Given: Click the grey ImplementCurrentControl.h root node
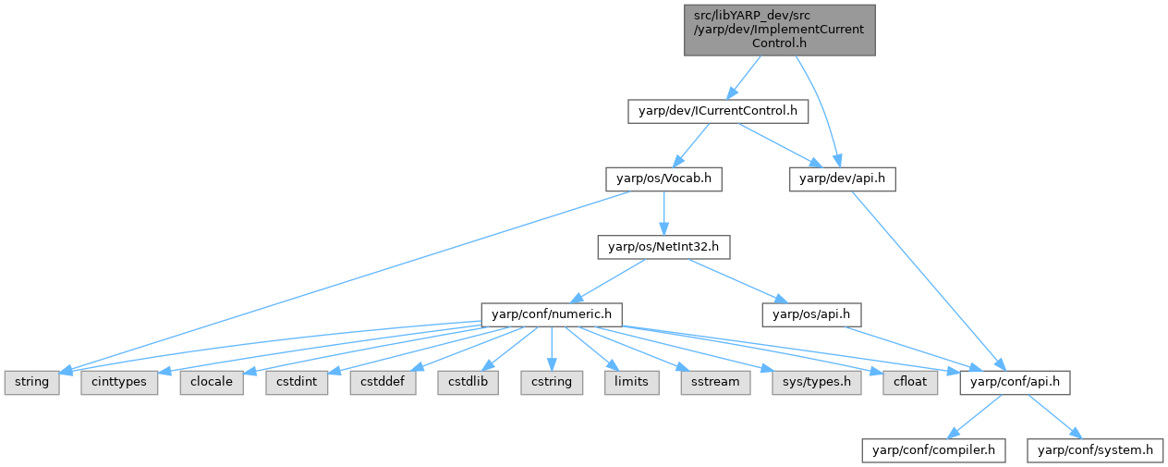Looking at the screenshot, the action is (x=780, y=31).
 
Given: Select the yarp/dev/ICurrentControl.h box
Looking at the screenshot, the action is (x=718, y=112).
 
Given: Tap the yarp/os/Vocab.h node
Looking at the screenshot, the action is (x=663, y=179).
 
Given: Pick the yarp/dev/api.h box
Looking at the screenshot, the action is (x=843, y=179).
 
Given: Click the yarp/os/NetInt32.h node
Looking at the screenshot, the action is (x=663, y=247).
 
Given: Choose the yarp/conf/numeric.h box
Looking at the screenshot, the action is (x=552, y=314).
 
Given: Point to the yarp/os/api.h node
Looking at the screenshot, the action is (x=811, y=314).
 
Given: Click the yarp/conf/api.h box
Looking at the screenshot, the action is (x=1015, y=383).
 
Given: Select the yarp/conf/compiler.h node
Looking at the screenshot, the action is (x=933, y=450).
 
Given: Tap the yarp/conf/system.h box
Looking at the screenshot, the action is (x=1095, y=450).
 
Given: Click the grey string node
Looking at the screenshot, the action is (x=31, y=383).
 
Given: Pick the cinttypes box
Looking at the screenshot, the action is (x=119, y=383).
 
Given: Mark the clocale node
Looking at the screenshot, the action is (x=212, y=383).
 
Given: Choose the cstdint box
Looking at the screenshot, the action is (x=297, y=383).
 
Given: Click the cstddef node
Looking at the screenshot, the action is (x=383, y=383).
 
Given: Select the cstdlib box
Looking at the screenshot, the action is (x=468, y=383).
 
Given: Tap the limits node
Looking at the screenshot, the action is (x=631, y=383).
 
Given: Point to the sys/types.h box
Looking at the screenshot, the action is (x=817, y=383).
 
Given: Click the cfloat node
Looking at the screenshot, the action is (x=910, y=383).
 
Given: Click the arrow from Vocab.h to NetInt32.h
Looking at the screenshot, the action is (x=663, y=214).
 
